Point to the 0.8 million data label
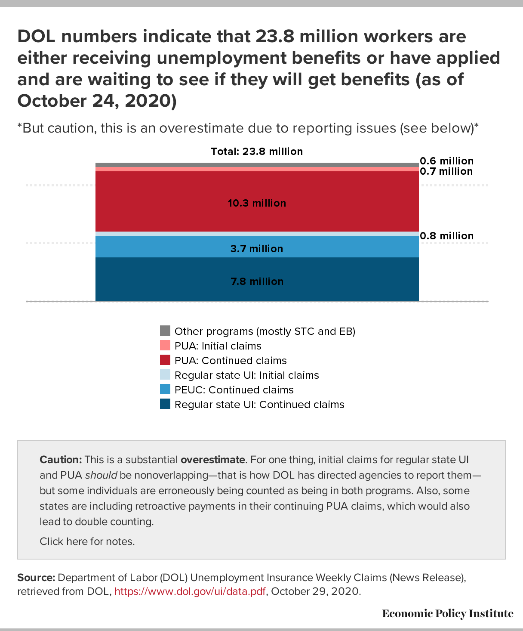[x=446, y=236]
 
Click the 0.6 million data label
[x=446, y=161]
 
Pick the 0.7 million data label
[x=446, y=171]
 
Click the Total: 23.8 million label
[x=257, y=152]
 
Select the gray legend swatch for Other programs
[x=165, y=331]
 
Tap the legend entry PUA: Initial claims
[x=218, y=346]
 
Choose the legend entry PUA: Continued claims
[x=231, y=361]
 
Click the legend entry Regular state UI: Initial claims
[x=246, y=375]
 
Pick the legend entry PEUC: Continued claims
[x=234, y=390]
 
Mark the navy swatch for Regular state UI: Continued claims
[x=165, y=404]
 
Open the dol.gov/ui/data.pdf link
[x=190, y=591]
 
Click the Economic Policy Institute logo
[x=447, y=613]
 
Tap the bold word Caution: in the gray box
[x=61, y=460]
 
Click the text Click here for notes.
[x=87, y=541]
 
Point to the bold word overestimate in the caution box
[x=212, y=460]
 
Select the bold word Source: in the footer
[x=36, y=578]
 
